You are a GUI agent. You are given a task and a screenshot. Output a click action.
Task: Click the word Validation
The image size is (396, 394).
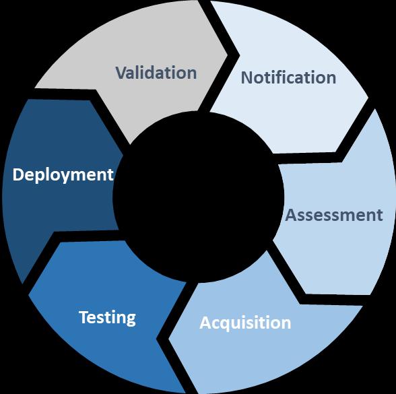(156, 73)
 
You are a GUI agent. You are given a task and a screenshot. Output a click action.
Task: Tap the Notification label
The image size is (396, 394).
(288, 77)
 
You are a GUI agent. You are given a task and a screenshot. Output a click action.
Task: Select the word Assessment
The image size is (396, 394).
(334, 215)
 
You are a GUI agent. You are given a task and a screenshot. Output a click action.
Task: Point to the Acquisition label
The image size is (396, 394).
(245, 323)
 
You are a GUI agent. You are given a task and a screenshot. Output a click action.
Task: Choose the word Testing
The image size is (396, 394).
(107, 318)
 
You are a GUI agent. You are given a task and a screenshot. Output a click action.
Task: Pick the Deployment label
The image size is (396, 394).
(63, 175)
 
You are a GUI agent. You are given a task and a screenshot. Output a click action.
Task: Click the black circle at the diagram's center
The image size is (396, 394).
(198, 197)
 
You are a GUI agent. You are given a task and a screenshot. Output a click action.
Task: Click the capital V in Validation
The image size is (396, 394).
(123, 73)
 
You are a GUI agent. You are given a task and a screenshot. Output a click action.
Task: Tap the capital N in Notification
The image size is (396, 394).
(248, 78)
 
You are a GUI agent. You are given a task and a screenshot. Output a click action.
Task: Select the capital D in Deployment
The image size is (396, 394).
(18, 174)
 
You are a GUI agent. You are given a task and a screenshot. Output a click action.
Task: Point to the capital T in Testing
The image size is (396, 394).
(85, 317)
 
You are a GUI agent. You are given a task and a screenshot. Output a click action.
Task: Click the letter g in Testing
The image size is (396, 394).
(131, 321)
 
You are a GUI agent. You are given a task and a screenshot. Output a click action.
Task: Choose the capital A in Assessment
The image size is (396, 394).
(292, 216)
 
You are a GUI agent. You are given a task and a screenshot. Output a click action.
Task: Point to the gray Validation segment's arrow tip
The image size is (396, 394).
(228, 55)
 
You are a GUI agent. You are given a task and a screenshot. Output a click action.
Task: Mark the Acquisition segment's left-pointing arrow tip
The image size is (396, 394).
(168, 338)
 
